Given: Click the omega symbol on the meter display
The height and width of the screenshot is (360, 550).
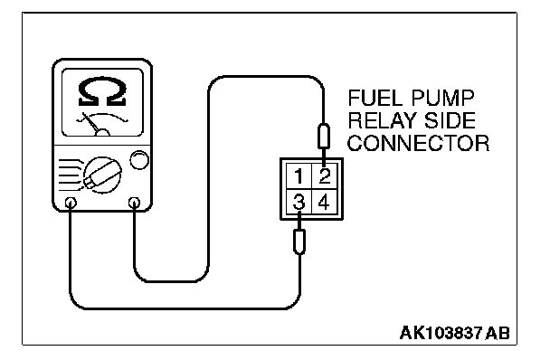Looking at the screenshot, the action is click(102, 91).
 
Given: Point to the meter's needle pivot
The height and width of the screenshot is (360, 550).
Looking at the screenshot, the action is click(103, 132).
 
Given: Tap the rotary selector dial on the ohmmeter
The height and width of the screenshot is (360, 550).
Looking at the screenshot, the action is click(102, 175).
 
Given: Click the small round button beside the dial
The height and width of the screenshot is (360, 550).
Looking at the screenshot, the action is click(139, 160).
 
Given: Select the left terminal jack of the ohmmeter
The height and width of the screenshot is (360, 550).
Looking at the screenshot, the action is click(71, 203).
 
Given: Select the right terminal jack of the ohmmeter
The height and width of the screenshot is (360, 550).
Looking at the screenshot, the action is click(135, 203).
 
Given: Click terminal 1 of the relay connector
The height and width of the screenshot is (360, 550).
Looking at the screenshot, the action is click(299, 176).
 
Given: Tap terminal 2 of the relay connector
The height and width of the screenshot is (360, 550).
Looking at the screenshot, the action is click(325, 176).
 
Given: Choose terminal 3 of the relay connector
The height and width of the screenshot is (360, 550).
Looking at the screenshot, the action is click(299, 202).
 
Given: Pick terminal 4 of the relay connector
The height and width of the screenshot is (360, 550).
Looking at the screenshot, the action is click(325, 202).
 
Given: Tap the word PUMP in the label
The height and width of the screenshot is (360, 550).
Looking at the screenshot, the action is click(442, 99).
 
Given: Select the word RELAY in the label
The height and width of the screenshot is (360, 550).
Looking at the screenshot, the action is click(383, 120).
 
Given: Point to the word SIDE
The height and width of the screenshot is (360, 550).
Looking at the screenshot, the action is click(450, 120).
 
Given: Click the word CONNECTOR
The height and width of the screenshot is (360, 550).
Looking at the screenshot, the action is click(418, 143).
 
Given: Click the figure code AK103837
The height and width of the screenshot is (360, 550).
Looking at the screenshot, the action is click(441, 333).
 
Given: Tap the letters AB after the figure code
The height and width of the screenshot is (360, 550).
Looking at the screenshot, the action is click(498, 333).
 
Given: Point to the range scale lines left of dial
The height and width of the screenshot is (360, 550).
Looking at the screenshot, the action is click(71, 175).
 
